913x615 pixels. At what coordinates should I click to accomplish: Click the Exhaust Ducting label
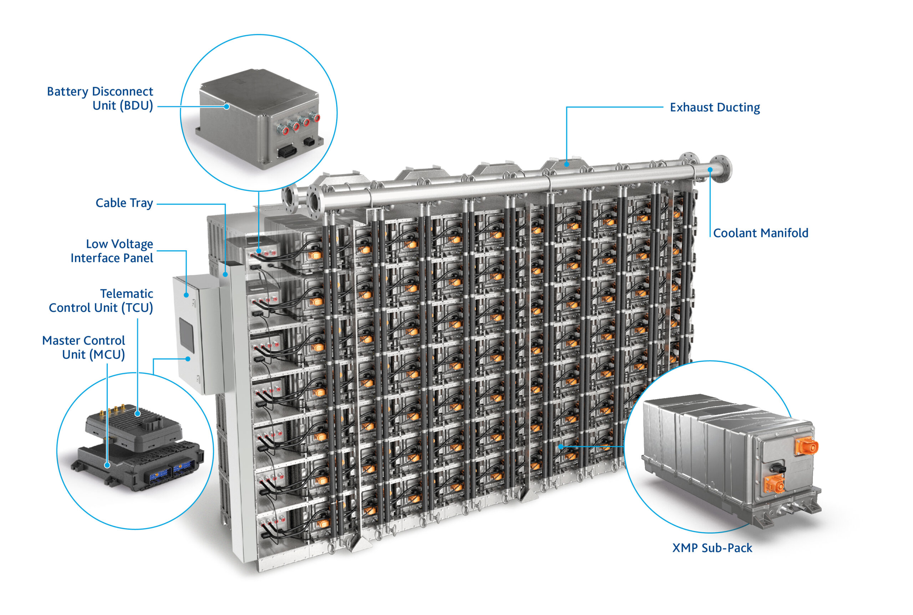click(x=714, y=107)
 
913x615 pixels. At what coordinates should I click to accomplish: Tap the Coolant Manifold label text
click(x=760, y=233)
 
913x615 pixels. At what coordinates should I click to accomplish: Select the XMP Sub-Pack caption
click(x=712, y=548)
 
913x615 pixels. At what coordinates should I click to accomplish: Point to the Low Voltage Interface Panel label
click(x=112, y=251)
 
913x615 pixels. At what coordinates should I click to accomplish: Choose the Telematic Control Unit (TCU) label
click(x=101, y=300)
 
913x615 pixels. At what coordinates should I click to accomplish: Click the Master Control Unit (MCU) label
click(x=83, y=347)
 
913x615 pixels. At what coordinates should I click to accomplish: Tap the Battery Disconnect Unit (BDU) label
click(x=100, y=98)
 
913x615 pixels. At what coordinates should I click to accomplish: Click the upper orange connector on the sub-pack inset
click(x=806, y=446)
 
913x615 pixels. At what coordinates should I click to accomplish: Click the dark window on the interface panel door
click(x=186, y=334)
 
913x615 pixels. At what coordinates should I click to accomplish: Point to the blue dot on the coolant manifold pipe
click(x=710, y=170)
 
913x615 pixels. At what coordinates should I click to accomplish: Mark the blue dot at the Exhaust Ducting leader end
click(x=566, y=164)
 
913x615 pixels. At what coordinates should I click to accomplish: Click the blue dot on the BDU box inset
click(x=226, y=106)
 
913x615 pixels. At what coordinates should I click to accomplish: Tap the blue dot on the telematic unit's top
click(x=138, y=413)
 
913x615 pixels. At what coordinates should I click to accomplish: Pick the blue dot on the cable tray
click(x=225, y=275)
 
